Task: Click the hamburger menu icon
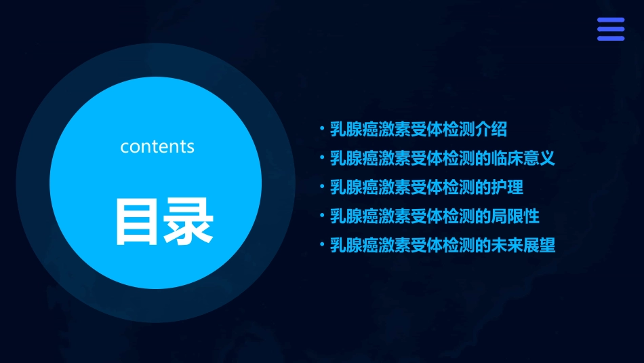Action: point(610,29)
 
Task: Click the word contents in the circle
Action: point(157,146)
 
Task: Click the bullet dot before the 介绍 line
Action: point(323,129)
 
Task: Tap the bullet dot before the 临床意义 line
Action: point(323,158)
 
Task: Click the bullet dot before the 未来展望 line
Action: point(323,245)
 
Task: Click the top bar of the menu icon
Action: point(610,20)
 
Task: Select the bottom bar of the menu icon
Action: point(610,38)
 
